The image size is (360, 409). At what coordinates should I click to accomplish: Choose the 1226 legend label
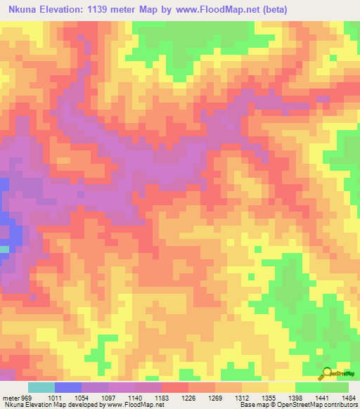point(189,398)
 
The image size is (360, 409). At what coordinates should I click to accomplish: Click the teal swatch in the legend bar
point(41,387)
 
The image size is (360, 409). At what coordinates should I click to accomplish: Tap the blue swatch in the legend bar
point(67,387)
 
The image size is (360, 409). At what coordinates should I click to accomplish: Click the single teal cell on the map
point(4,249)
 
